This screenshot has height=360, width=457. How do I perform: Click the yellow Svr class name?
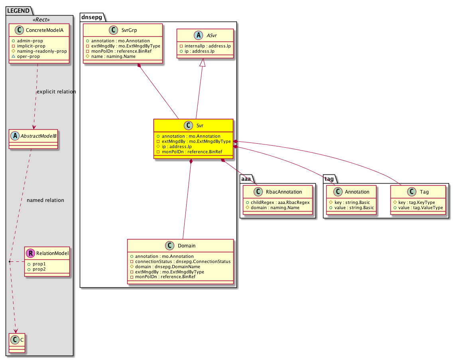click(200, 125)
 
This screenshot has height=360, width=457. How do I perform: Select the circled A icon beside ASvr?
click(199, 35)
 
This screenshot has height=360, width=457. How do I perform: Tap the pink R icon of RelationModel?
click(30, 253)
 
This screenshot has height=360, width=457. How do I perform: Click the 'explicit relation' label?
click(56, 92)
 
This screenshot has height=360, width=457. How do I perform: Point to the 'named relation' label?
click(45, 200)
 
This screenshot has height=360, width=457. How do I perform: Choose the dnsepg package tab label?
click(91, 17)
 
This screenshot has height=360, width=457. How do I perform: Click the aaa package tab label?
click(246, 179)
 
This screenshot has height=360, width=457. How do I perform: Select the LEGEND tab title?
click(18, 11)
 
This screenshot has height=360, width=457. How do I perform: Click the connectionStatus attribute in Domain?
click(183, 261)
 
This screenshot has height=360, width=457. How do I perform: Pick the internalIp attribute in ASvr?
click(207, 46)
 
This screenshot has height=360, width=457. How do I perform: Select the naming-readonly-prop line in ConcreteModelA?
click(42, 51)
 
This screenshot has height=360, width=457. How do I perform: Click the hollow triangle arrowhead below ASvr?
click(203, 62)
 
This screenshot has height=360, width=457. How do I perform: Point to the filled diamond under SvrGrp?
click(140, 65)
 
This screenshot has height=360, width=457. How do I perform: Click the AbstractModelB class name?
click(38, 136)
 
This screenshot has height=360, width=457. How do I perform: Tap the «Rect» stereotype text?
click(41, 20)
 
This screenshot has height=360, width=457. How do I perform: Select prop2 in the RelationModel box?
click(39, 269)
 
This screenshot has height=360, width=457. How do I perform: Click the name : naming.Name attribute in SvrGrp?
click(113, 56)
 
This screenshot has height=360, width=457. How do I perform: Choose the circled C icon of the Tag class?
click(412, 192)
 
